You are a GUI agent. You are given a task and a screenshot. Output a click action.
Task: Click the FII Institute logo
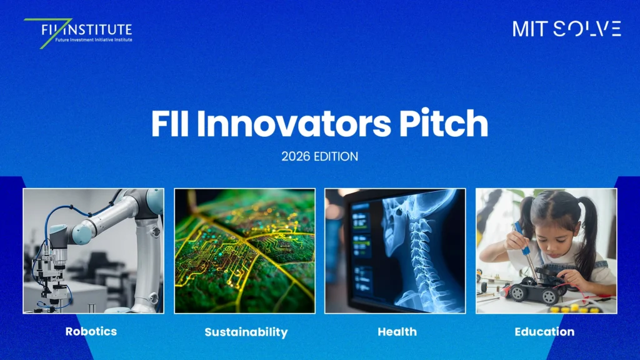[78, 32]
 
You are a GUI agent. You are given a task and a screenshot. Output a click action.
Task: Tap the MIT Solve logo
[566, 29]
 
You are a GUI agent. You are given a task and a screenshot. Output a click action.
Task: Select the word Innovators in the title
[294, 123]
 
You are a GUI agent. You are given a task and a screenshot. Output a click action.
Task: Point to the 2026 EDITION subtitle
[319, 156]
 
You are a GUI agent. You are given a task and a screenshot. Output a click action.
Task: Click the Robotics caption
[91, 331]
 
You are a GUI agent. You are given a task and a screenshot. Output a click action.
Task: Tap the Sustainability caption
[246, 332]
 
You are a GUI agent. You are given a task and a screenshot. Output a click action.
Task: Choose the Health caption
[397, 332]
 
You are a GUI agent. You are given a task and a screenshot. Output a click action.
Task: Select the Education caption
[544, 332]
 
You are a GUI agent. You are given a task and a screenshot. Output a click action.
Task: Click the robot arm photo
[94, 251]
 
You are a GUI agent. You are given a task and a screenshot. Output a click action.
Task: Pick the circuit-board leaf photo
[245, 251]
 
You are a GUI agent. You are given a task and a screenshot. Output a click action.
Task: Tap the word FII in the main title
[170, 123]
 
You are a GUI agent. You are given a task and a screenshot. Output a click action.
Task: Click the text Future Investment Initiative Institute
[94, 40]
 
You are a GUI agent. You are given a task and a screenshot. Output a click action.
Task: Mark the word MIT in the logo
[530, 29]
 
